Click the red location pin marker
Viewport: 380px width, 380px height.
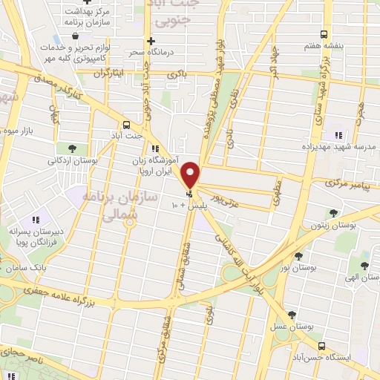pyautogui.click(x=191, y=174)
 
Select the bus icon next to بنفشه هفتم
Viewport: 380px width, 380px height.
pyautogui.click(x=323, y=34)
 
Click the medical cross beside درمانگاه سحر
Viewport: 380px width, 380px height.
pyautogui.click(x=151, y=41)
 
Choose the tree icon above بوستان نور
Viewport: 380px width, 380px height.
pyautogui.click(x=298, y=255)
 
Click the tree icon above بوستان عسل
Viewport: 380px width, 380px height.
pyautogui.click(x=292, y=315)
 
